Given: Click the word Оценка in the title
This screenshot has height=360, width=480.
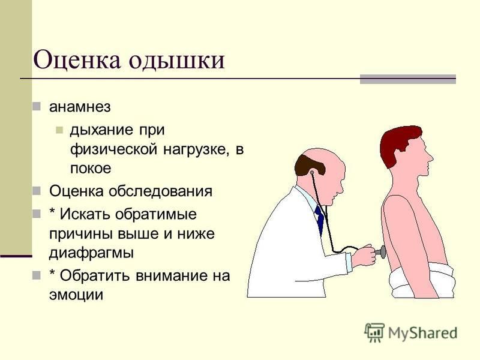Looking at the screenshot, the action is click(77, 59).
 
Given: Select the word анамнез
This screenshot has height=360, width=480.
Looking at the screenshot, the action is click(80, 107).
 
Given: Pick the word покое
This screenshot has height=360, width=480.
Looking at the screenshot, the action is click(91, 169).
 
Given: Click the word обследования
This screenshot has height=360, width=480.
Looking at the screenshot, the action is click(161, 191).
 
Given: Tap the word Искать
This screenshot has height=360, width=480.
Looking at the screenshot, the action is click(85, 214).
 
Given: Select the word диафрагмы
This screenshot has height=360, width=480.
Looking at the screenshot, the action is click(91, 253).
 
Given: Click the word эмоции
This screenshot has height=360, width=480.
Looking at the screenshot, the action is click(76, 295).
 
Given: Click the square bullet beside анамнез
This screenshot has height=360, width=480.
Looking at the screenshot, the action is click(37, 107).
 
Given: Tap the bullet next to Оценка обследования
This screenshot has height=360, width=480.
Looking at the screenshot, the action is click(37, 191).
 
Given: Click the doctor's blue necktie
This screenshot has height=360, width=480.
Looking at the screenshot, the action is click(319, 219).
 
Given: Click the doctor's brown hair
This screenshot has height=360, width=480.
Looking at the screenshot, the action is click(308, 166).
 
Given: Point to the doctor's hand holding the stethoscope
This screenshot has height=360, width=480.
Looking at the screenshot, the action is click(364, 256).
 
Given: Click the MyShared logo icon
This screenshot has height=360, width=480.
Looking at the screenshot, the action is click(374, 333).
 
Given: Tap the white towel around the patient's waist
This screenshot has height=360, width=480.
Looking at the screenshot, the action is click(422, 281).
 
